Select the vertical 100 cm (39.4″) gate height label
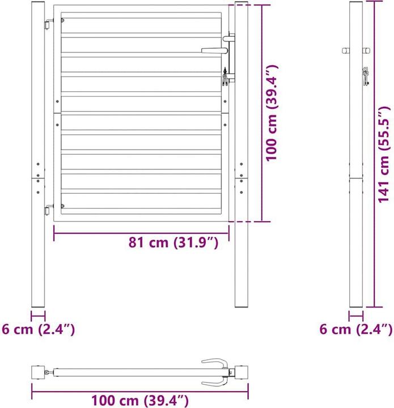click(x=274, y=112)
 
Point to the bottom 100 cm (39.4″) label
click(x=139, y=401)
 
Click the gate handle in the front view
click(x=214, y=50)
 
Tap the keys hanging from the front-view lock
click(x=226, y=76)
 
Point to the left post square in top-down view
click(x=39, y=372)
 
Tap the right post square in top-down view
click(x=242, y=372)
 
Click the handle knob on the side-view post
click(x=345, y=51)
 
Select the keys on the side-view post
click(x=366, y=76)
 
